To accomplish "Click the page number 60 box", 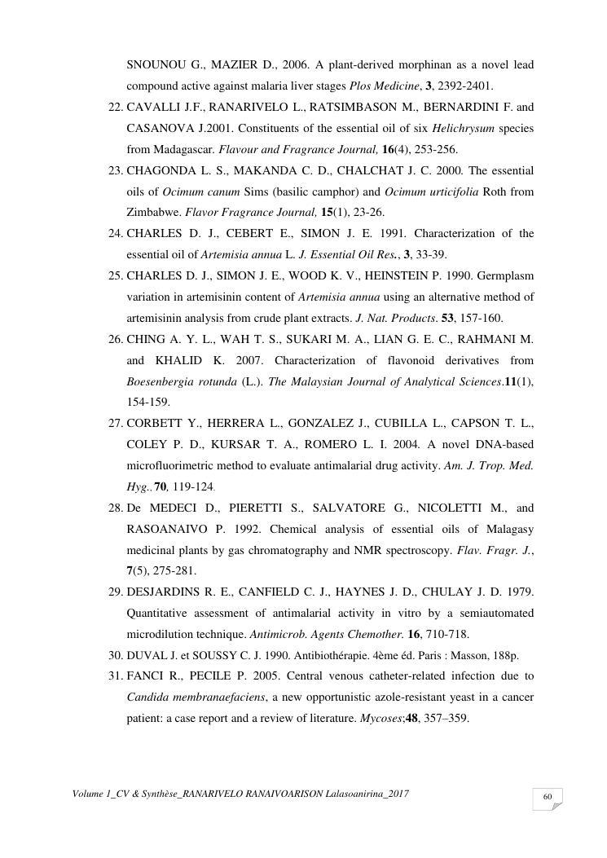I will point(548,798).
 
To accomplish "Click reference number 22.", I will point(115,107).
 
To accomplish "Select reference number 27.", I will point(115,424).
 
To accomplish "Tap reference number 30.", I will point(115,654).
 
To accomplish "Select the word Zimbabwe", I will point(152,213).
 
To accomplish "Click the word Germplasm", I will point(504,276).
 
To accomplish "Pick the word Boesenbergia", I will point(161,381).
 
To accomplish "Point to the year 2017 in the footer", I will point(396,793).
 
